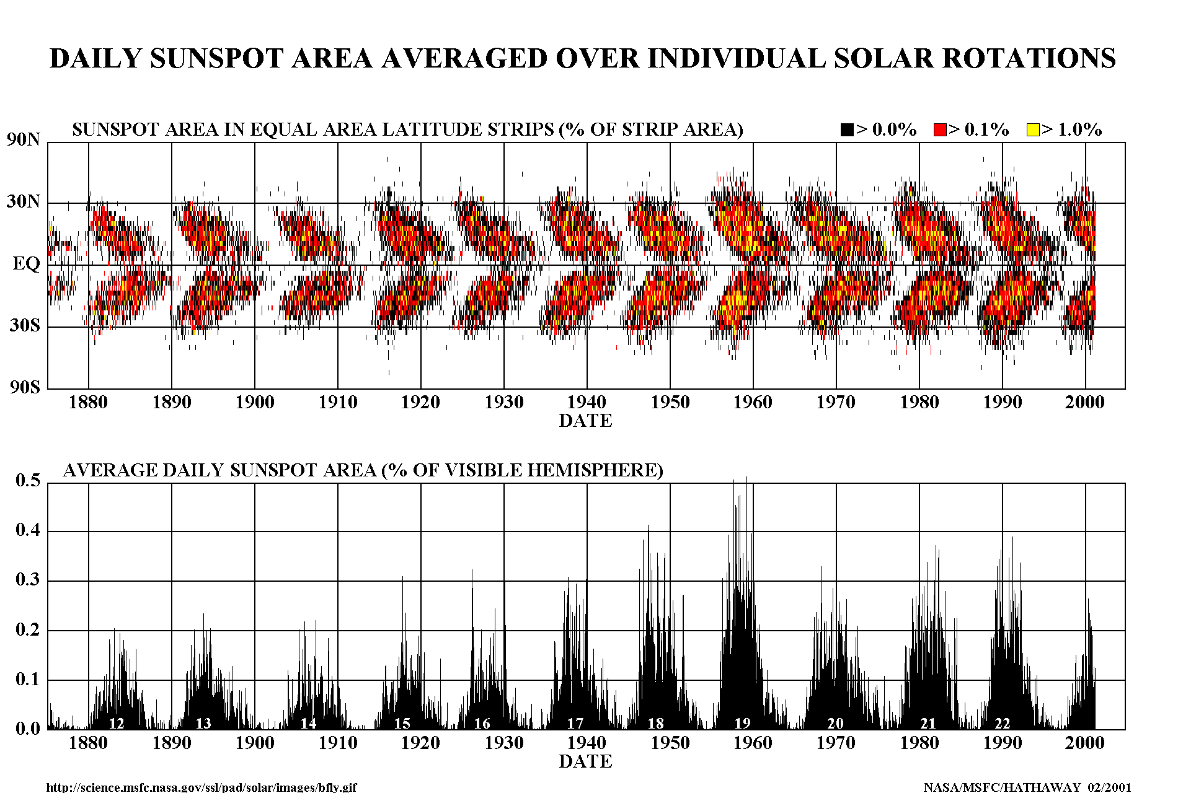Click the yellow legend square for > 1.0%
1033,129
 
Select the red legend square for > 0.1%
940,129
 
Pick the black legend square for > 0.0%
847,129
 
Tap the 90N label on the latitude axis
24,139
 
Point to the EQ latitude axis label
26,264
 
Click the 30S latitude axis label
25,325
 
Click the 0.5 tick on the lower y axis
28,480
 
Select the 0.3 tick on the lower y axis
28,580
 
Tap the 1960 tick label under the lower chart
753,742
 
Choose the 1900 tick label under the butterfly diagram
254,402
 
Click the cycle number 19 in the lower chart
742,723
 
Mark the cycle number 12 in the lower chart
117,723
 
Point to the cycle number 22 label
1003,723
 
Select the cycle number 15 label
402,723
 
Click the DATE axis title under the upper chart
585,421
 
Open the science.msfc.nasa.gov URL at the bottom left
201,787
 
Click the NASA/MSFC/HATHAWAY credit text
1027,787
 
